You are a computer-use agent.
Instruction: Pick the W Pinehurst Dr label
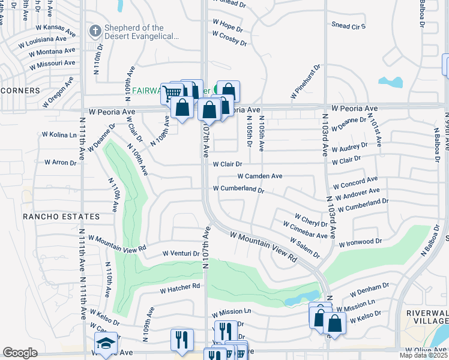click(x=306, y=83)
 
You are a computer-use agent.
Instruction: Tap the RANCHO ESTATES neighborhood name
click(x=61, y=216)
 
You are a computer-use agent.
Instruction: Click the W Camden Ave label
click(x=259, y=176)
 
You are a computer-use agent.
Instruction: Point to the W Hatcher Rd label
click(x=179, y=289)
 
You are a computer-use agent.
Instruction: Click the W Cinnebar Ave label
click(x=306, y=229)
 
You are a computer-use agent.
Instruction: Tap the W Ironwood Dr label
click(x=360, y=243)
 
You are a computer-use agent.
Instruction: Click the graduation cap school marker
click(x=105, y=344)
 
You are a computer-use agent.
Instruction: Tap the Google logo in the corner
click(x=20, y=353)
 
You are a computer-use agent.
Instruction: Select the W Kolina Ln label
click(x=60, y=135)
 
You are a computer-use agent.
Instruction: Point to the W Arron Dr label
click(x=61, y=162)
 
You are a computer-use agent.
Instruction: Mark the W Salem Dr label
click(x=304, y=248)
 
